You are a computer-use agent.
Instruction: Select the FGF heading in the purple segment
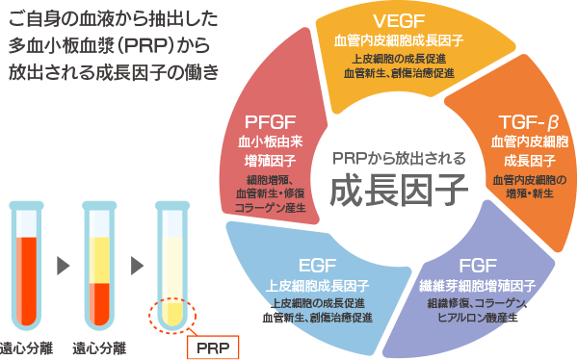[478, 265]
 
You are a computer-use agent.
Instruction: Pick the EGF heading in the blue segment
[317, 266]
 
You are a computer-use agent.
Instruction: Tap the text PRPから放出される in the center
[398, 158]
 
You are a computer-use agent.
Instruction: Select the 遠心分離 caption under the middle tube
[101, 346]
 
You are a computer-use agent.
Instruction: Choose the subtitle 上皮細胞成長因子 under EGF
[317, 286]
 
